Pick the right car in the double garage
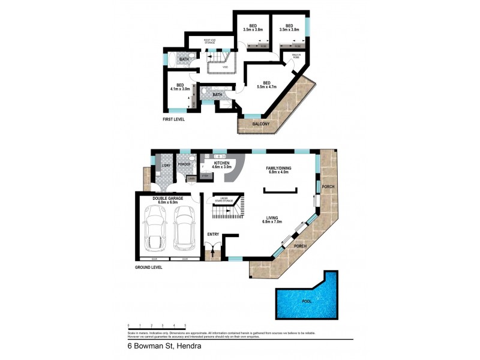point(184,230)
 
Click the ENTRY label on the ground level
point(212,234)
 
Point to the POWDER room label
point(183,164)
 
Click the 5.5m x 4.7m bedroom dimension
point(267,88)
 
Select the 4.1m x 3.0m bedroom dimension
point(180,89)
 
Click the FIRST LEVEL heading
point(174,119)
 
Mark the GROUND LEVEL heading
point(148,267)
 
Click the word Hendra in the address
point(189,346)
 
